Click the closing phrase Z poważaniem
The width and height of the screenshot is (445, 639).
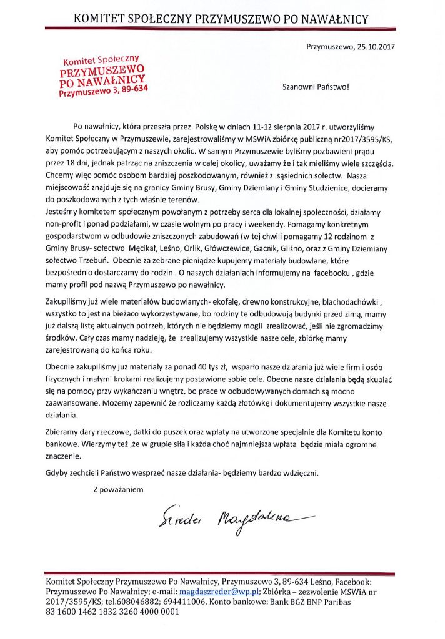click(x=118, y=489)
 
